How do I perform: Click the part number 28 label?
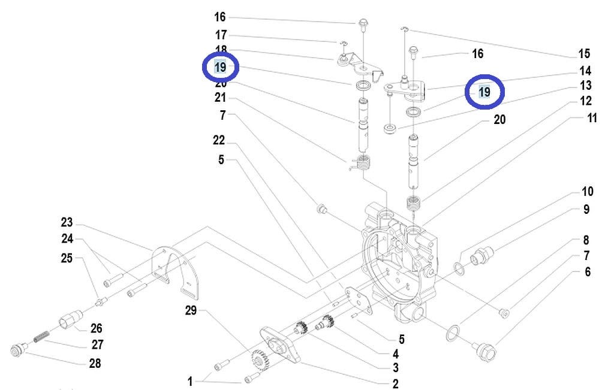[x=95, y=363]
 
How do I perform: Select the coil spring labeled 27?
[x=40, y=338]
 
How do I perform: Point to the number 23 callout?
[x=67, y=222]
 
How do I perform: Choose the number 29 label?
[x=191, y=310]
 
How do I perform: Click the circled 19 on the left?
[x=220, y=67]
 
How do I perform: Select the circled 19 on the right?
[x=484, y=92]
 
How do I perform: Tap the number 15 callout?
[x=584, y=54]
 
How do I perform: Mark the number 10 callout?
[x=587, y=192]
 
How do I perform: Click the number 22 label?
[x=219, y=140]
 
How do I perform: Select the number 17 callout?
[x=221, y=35]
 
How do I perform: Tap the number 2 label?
[x=395, y=384]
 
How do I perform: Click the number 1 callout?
[x=191, y=381]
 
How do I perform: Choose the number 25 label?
[x=67, y=258]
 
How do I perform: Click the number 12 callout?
[x=586, y=101]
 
